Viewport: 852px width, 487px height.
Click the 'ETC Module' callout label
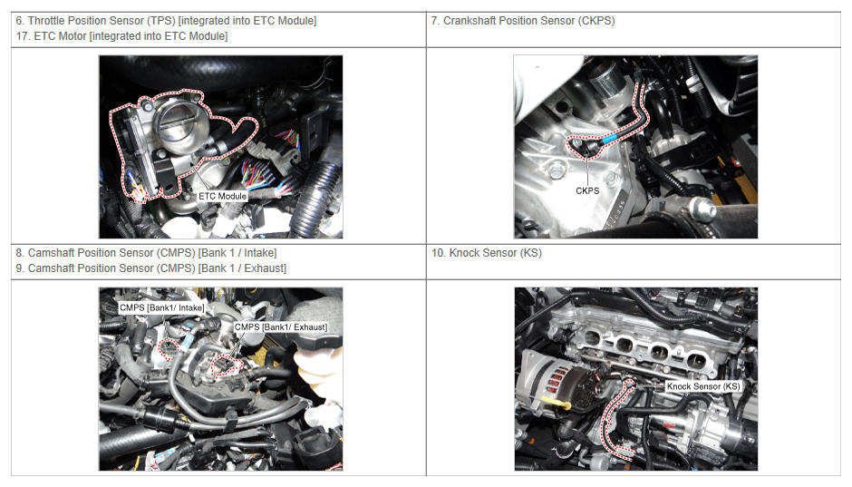222,196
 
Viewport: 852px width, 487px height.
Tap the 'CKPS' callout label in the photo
587,190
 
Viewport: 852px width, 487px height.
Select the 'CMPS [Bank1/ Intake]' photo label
162,307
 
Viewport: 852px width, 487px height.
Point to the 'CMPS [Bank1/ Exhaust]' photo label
281,327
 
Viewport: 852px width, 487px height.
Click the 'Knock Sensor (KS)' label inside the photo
703,386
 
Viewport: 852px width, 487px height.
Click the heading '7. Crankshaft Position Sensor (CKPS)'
523,21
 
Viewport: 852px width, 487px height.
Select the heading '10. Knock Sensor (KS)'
487,253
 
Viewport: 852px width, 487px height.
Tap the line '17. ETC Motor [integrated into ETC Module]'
121,36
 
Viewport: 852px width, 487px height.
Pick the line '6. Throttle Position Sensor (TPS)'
96,21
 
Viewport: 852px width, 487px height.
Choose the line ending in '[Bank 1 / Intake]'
146,253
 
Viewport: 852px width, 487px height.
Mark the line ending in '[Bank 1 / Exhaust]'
151,268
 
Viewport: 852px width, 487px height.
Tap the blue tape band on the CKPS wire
609,138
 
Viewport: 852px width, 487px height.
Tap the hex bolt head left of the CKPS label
556,171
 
